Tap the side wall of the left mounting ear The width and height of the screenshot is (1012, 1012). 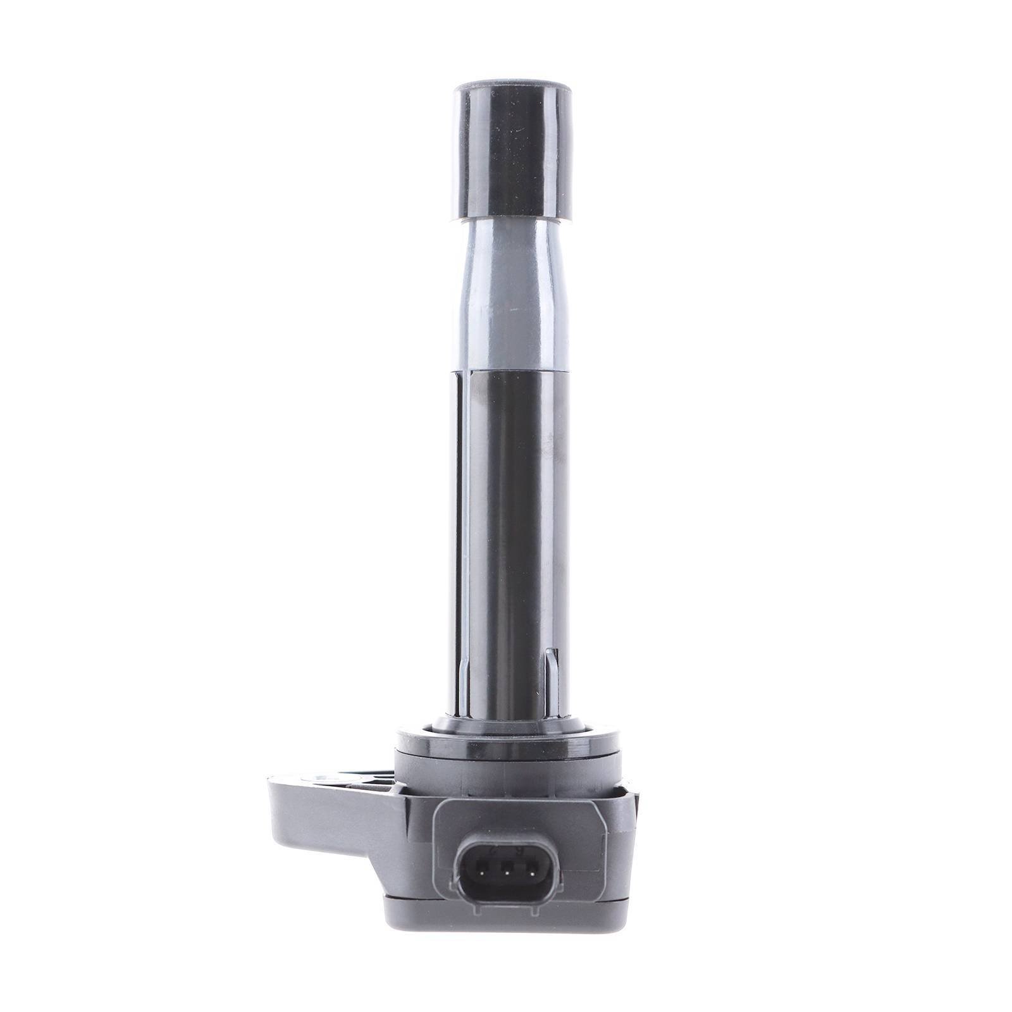click(x=297, y=816)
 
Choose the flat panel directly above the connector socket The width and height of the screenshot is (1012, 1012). click(x=519, y=816)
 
